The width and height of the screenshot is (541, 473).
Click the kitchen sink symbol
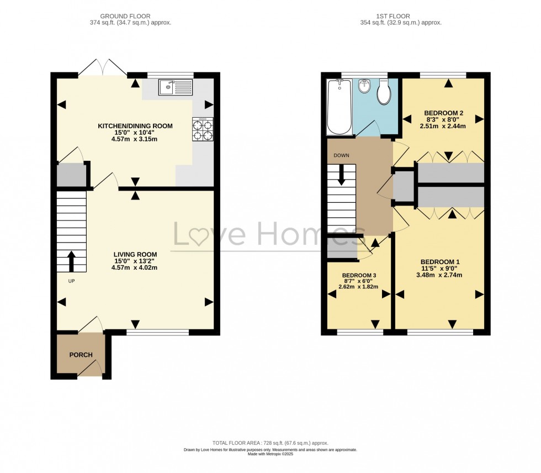coord(175,87)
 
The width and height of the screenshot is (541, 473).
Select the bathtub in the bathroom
coord(339,107)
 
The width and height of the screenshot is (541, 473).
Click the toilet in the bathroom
coord(384,92)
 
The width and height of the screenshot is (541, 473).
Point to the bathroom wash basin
coord(364,86)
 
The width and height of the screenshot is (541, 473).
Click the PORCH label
coord(81,355)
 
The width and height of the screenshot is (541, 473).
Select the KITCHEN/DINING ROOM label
coord(135,126)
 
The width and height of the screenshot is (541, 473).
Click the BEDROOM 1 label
coord(439,262)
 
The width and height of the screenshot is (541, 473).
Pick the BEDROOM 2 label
coord(443,113)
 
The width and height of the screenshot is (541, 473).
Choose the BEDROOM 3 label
coord(359,275)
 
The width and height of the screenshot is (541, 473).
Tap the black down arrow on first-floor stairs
coord(342,175)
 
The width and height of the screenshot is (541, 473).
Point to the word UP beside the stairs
coord(71,281)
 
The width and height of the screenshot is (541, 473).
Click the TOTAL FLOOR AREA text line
coord(270,443)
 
